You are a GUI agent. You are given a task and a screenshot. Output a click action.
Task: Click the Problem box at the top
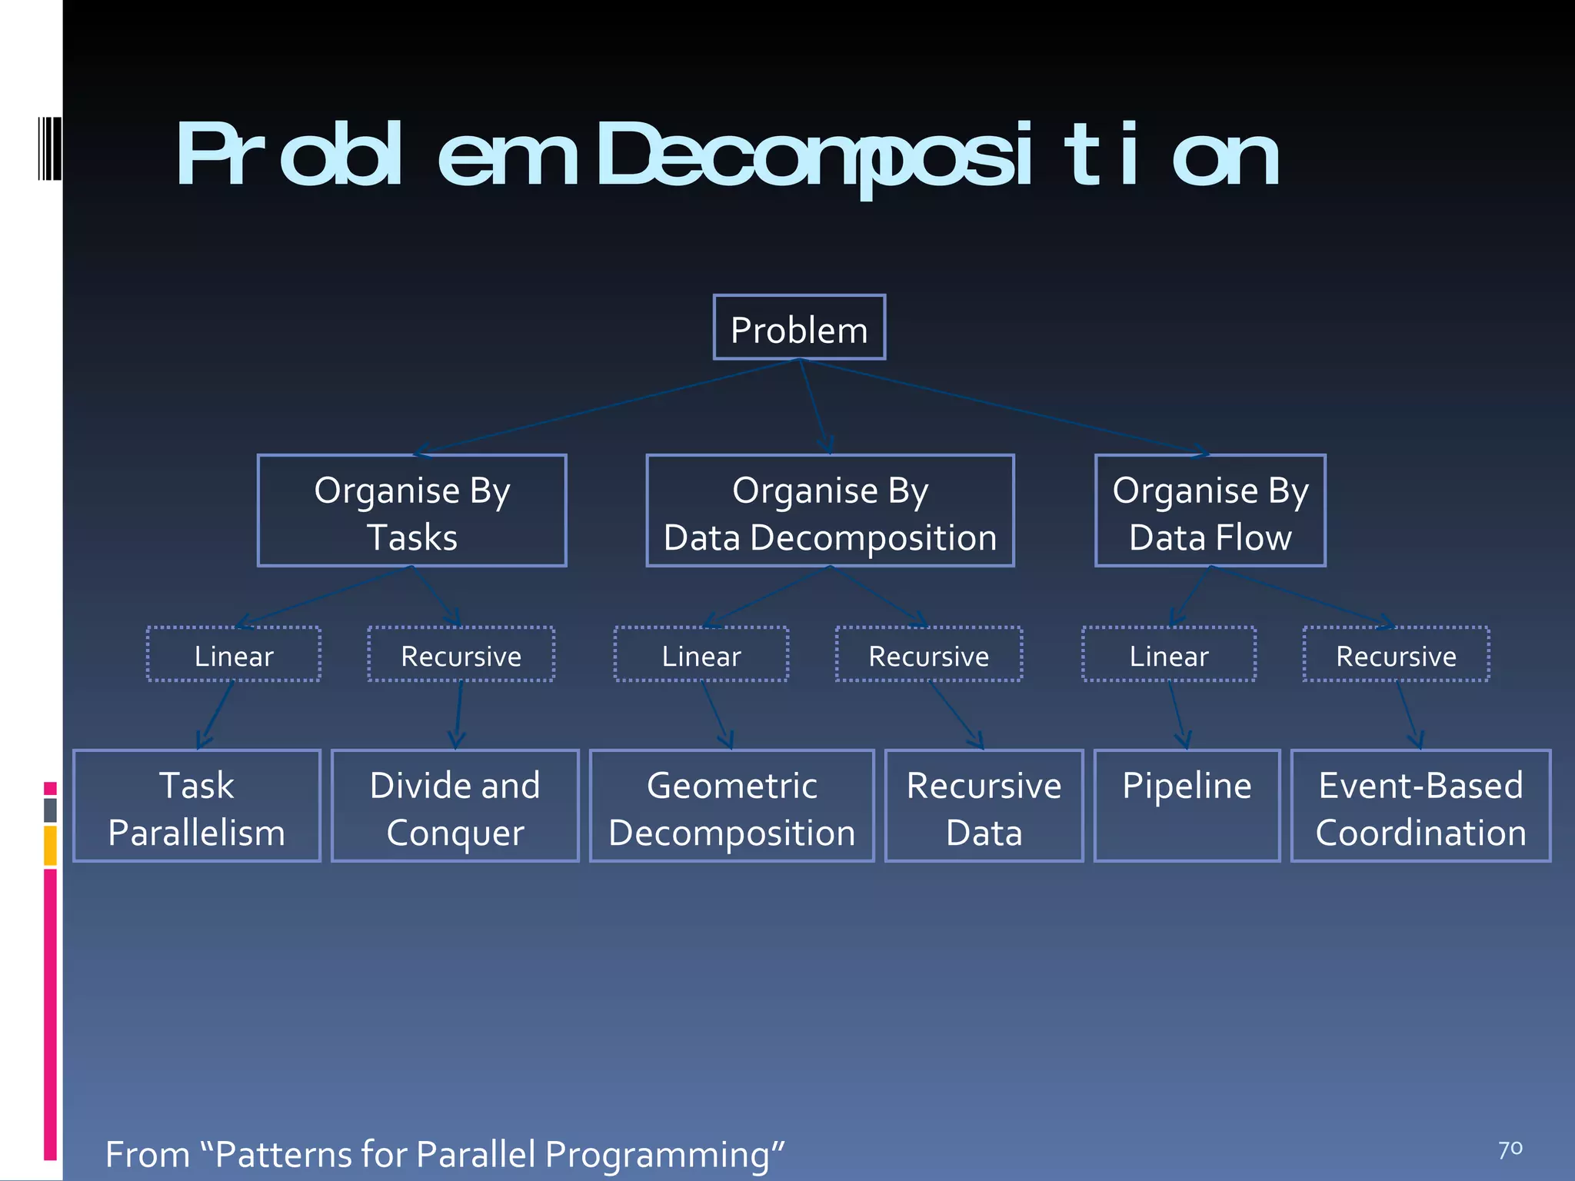click(x=799, y=328)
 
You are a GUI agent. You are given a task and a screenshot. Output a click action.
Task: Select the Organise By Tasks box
click(x=412, y=511)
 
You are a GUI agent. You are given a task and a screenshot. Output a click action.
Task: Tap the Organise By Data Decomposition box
click(x=830, y=511)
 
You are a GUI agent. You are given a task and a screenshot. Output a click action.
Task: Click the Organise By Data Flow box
click(x=1210, y=511)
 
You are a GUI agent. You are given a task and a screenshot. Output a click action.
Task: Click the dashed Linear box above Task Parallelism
click(x=234, y=655)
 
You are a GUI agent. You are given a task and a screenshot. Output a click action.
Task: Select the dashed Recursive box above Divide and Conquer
click(x=461, y=655)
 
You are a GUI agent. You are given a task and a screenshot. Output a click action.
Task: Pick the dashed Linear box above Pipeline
click(x=1169, y=655)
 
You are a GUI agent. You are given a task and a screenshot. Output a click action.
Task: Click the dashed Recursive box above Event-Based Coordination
click(x=1396, y=655)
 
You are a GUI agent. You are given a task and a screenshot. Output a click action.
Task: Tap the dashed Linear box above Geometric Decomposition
click(x=701, y=655)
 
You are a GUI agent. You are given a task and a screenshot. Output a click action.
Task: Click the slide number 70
click(x=1510, y=1149)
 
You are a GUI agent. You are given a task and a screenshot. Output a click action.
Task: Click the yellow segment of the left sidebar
click(x=50, y=845)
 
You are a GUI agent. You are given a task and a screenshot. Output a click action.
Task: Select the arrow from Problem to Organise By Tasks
click(x=608, y=407)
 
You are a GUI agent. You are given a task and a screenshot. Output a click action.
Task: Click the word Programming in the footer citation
click(x=657, y=1155)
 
